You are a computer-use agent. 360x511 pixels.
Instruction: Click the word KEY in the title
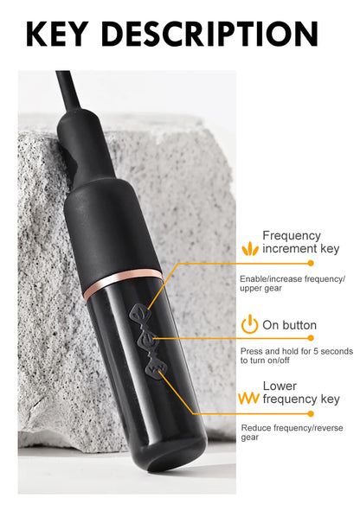tap(57, 34)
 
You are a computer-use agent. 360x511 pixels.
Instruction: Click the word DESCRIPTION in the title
tap(209, 34)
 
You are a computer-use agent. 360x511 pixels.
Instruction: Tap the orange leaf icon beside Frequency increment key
tap(250, 248)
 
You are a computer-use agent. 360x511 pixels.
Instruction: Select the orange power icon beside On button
tap(249, 324)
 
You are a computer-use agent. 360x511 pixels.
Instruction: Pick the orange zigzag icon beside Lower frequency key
tap(249, 399)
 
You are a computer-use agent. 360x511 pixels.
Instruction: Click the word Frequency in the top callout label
tap(292, 236)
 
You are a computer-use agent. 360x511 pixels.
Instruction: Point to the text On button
tap(289, 325)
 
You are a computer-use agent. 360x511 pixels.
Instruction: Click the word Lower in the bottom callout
tap(280, 386)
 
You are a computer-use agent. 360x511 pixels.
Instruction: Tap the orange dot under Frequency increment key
tap(311, 263)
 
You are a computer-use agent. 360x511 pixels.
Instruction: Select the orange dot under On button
tap(311, 338)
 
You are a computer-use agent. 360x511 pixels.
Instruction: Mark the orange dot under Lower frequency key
tap(311, 413)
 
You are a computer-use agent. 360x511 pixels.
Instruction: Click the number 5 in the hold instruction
tap(316, 351)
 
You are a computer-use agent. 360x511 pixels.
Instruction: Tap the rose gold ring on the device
tap(123, 283)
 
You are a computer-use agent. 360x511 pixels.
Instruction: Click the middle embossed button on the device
tap(146, 339)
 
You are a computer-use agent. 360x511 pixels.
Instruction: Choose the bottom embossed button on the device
tap(156, 368)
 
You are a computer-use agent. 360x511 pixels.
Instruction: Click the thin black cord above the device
tap(69, 92)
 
